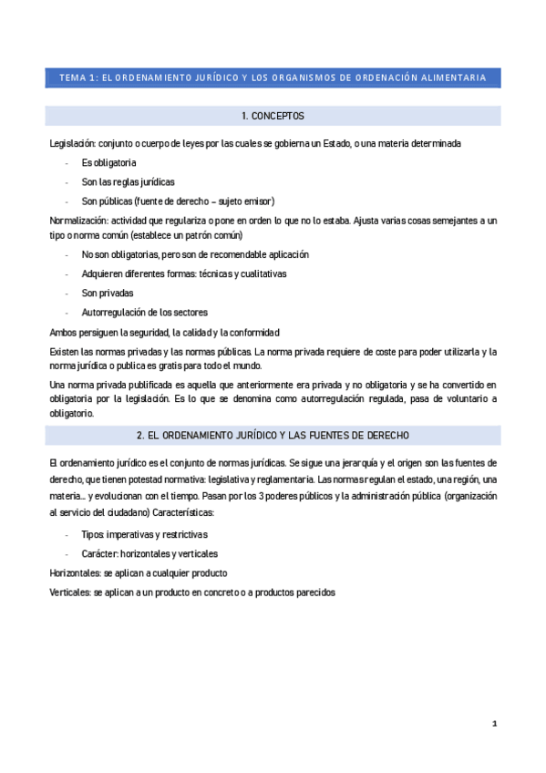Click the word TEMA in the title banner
pos(69,79)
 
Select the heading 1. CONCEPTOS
pos(273,117)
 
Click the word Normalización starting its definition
pos(79,221)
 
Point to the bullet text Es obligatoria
pos(108,162)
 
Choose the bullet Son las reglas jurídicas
pos(128,181)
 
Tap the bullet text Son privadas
pos(107,294)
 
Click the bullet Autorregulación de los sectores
pos(144,313)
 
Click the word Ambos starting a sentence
pos(65,332)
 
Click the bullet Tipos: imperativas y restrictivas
pos(144,534)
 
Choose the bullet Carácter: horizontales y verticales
pos(149,553)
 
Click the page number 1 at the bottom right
pos(493,724)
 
